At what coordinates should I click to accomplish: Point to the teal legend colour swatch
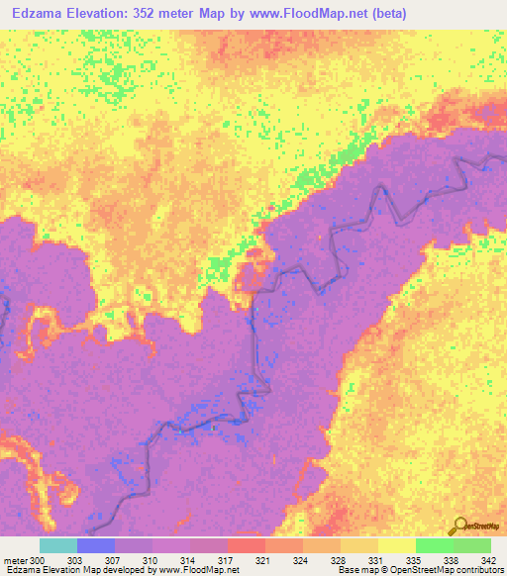57,545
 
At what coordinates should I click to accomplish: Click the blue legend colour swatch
95,545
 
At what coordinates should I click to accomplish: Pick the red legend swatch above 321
246,545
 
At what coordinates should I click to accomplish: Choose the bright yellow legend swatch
396,545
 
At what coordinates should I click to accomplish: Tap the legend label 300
39,559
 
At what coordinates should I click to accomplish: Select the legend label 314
190,559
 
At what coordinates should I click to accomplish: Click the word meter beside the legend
15,559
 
